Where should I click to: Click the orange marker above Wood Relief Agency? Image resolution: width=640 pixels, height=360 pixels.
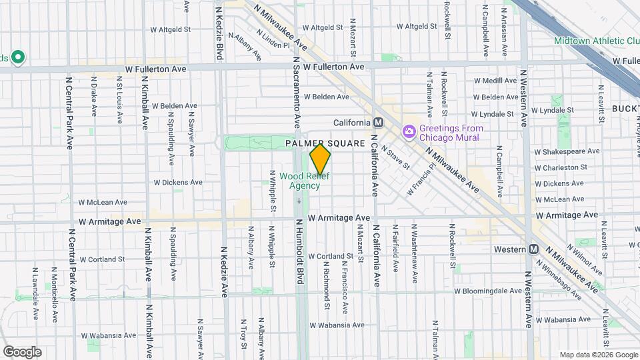(321, 159)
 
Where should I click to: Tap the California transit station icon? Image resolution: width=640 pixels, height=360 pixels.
(379, 123)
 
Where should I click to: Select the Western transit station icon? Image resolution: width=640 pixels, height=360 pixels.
(533, 249)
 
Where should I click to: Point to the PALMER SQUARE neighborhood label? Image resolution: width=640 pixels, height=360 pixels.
(325, 143)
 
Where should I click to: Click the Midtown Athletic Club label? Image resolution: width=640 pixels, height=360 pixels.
(596, 41)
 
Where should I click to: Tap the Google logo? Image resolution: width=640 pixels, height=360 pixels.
(22, 351)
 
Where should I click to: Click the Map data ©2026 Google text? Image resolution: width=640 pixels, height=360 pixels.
(597, 354)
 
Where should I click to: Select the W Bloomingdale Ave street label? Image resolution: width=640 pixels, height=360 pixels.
(488, 291)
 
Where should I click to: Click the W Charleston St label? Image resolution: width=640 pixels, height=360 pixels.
(561, 167)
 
